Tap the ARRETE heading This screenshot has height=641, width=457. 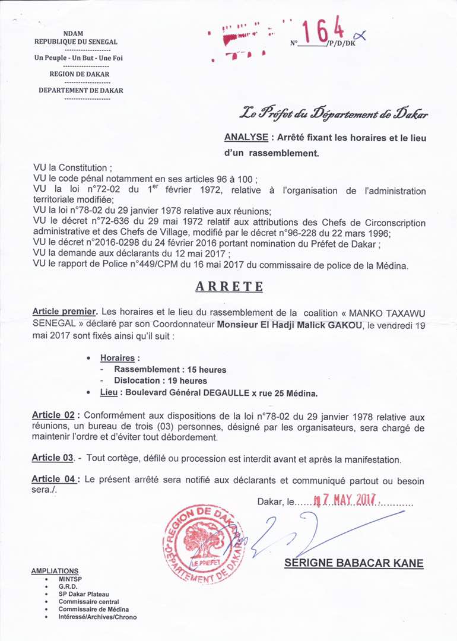click(229, 286)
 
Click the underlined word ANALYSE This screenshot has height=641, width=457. click(246, 137)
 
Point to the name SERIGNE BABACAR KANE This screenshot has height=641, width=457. click(354, 563)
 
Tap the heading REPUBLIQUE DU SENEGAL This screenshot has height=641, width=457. click(76, 42)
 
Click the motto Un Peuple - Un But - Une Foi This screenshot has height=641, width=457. click(78, 58)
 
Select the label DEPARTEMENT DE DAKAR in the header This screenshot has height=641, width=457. click(81, 90)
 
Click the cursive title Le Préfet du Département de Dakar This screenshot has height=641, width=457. click(334, 113)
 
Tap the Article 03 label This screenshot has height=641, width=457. click(52, 459)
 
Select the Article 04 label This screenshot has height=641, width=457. click(53, 480)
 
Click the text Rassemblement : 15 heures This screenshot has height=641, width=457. click(170, 370)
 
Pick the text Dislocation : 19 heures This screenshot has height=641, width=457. click(160, 380)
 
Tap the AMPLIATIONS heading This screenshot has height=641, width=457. click(55, 571)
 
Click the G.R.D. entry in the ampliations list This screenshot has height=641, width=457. click(68, 586)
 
